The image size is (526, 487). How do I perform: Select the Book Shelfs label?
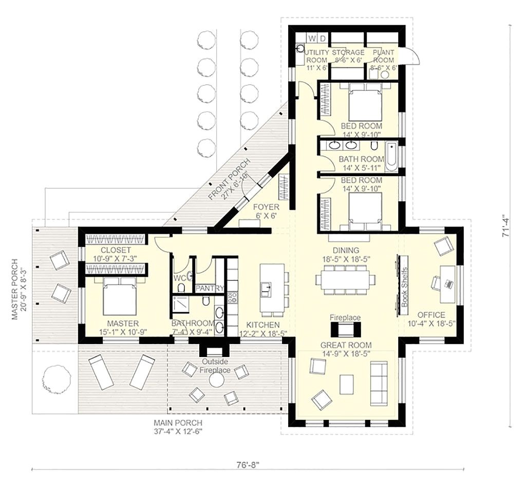tap(404, 288)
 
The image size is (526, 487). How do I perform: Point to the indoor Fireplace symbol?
tap(345, 329)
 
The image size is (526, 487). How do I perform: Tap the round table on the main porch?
tap(216, 380)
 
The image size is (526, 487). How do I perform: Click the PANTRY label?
tap(210, 289)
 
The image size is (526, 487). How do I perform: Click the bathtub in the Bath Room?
tap(392, 157)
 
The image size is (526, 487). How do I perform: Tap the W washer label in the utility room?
tap(311, 39)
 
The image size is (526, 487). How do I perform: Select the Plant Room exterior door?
tap(411, 55)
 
